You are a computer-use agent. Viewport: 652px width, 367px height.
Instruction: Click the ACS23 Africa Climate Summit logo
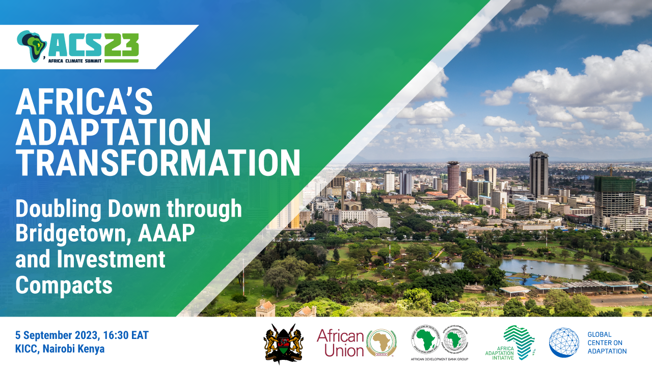pos(77,46)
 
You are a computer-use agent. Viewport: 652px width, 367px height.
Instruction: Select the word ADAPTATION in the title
pos(113,133)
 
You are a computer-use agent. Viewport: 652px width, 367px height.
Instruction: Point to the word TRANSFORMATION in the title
pos(158,164)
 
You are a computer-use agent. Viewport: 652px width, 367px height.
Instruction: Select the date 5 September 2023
pos(60,336)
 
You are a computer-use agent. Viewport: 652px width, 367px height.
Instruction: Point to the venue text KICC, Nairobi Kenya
pos(60,349)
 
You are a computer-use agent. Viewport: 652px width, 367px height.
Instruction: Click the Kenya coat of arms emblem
pos(283,344)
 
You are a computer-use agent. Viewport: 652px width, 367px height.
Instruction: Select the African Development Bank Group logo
pos(440,343)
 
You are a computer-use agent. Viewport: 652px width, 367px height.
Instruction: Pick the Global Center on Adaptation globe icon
pos(564,342)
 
